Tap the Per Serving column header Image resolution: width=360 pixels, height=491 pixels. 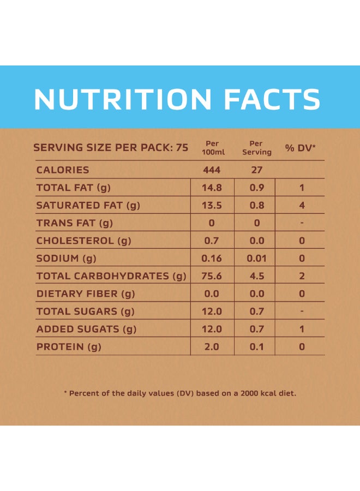[256, 148]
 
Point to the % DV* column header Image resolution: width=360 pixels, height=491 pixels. [301, 148]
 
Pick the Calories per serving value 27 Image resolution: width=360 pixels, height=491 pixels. [256, 170]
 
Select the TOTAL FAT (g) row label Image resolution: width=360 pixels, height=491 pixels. [74, 188]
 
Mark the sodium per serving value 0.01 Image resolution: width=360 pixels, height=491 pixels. [256, 259]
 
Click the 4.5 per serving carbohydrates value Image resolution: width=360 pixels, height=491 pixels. [256, 276]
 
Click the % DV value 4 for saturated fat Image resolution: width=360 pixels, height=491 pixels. [302, 206]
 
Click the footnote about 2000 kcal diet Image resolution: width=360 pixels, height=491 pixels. [180, 393]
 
